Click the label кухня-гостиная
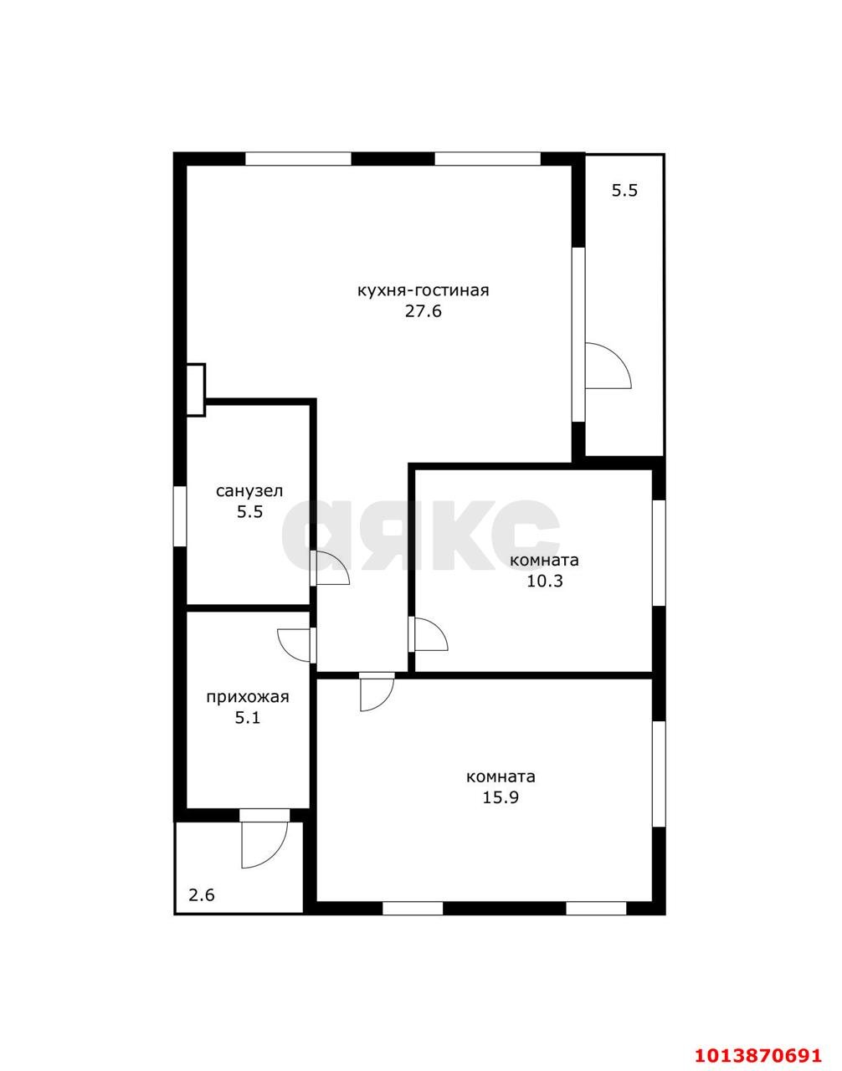click(x=423, y=291)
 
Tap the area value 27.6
click(x=423, y=311)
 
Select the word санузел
click(x=249, y=491)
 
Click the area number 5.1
click(x=248, y=718)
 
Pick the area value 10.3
click(x=545, y=581)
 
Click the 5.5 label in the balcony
click(x=624, y=190)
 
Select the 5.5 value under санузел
click(x=249, y=512)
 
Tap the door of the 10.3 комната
click(x=428, y=635)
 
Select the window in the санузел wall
click(x=181, y=516)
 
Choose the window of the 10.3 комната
click(x=659, y=553)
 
